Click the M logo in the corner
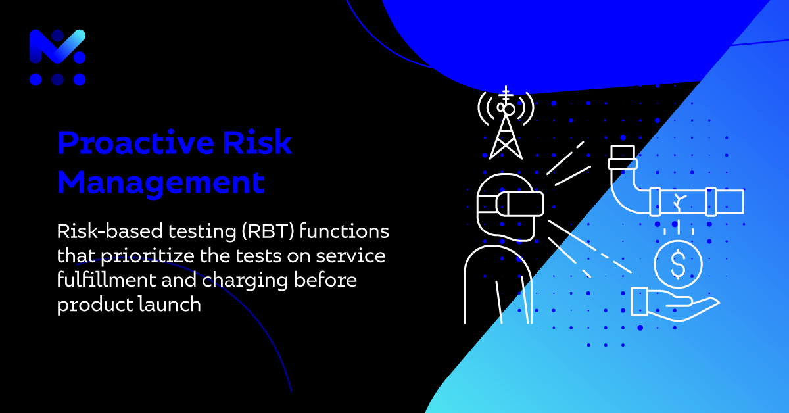pos(58,57)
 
